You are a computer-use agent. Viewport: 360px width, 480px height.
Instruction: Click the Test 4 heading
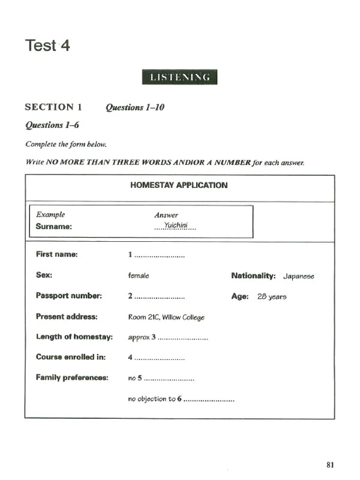(47, 46)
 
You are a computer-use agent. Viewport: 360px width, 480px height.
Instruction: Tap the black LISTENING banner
(179, 77)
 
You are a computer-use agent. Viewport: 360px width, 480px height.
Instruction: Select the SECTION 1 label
(53, 107)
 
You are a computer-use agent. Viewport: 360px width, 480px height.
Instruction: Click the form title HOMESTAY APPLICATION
(179, 185)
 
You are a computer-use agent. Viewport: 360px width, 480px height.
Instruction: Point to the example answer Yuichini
(176, 226)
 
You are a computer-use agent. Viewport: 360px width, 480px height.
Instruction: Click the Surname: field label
(54, 227)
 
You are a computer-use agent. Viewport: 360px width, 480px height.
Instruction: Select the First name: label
(57, 254)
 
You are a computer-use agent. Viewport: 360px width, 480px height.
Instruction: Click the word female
(139, 275)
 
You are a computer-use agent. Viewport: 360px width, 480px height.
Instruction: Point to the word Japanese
(299, 276)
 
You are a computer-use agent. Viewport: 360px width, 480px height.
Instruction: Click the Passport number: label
(69, 296)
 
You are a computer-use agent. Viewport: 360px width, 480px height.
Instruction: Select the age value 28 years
(272, 296)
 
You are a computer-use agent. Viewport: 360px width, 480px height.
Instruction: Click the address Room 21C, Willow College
(166, 317)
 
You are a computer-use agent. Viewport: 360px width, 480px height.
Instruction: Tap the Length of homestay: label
(74, 337)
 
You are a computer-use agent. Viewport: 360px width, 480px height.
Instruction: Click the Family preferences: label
(72, 377)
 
